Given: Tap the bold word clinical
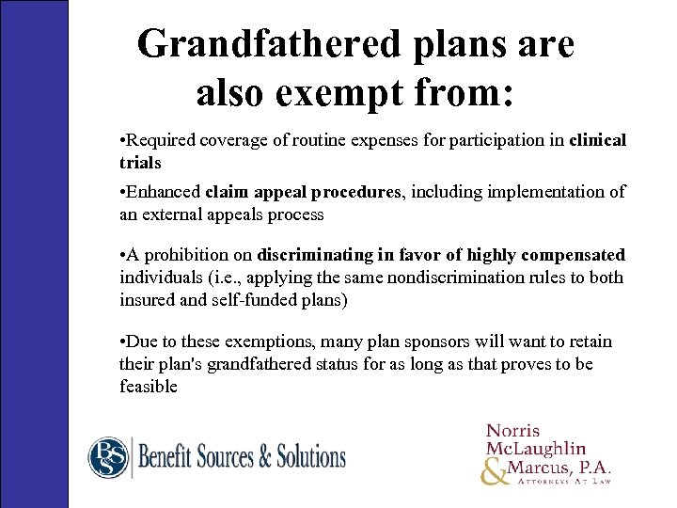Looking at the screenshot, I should pos(598,140).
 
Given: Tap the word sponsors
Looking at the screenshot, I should pos(445,342).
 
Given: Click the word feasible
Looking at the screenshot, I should pos(149,386).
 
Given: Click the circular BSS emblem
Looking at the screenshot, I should pos(108,457).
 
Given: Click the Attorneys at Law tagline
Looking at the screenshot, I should pos(563,481).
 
